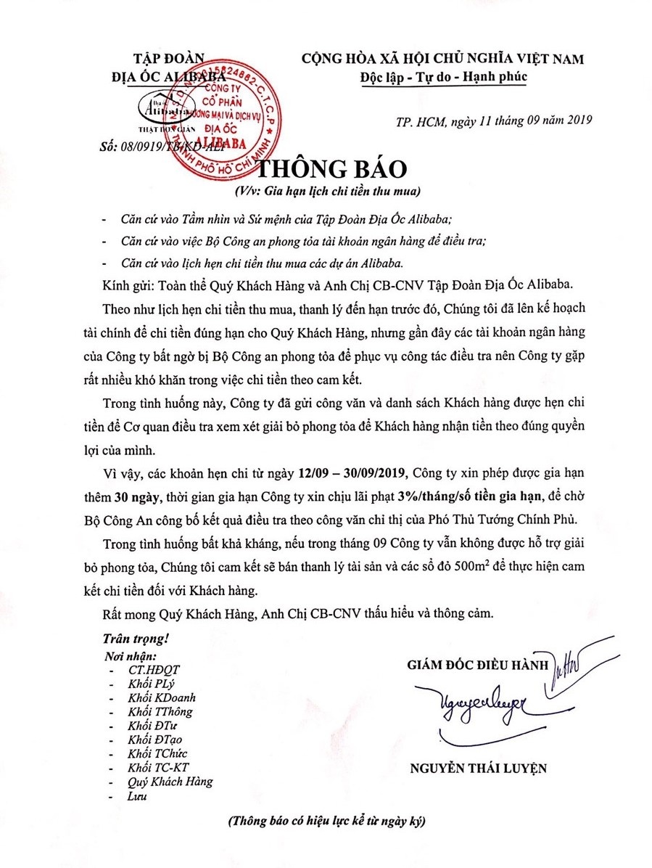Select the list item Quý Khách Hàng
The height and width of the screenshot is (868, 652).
[x=170, y=781]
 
